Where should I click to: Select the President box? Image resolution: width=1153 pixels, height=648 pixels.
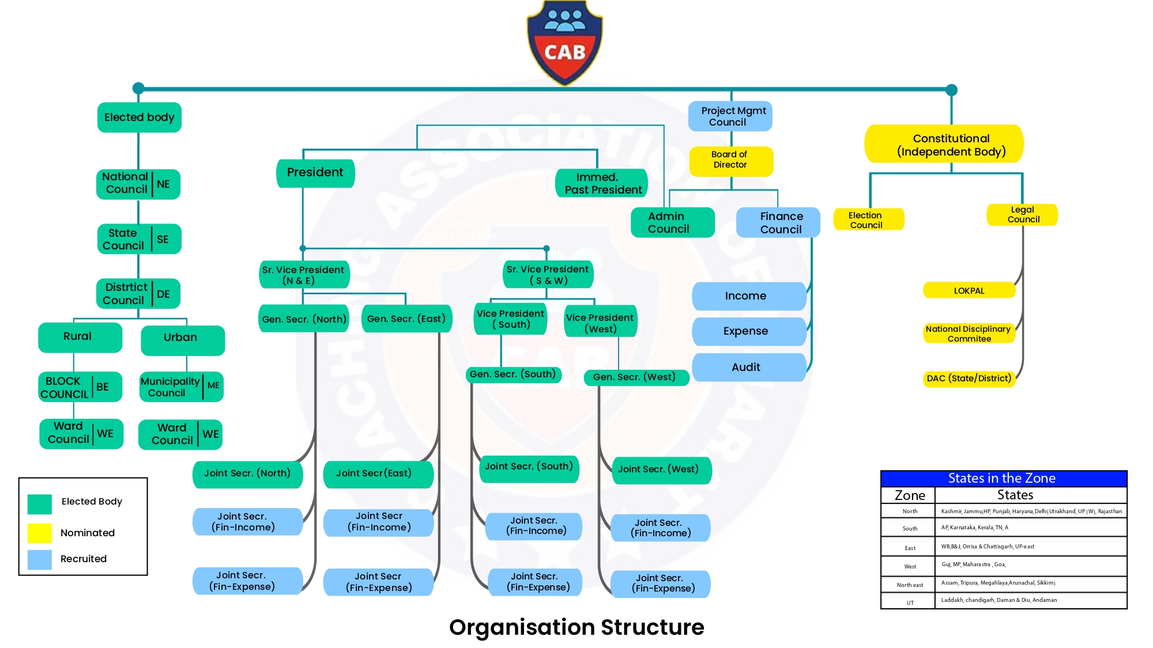315,173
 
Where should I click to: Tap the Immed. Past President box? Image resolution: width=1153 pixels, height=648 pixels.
602,184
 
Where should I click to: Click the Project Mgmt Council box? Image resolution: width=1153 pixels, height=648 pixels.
730,116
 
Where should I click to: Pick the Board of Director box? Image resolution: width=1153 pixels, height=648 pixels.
730,160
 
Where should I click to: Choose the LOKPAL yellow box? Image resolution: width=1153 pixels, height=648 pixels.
969,290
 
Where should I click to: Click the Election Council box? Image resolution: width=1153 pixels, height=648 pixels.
868,219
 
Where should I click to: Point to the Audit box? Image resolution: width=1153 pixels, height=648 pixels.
748,367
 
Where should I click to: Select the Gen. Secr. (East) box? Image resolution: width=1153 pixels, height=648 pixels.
406,319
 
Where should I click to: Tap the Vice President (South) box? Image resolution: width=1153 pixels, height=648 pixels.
510,319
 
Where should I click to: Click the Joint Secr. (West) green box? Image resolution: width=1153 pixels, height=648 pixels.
661,469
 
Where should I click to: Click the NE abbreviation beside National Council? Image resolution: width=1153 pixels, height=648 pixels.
164,184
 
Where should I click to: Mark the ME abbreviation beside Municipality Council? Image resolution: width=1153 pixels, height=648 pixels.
213,386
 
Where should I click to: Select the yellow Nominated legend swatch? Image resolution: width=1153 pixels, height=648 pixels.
40,533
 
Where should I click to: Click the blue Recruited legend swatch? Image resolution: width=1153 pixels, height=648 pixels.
40,559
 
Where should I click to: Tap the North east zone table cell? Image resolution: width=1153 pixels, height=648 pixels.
910,585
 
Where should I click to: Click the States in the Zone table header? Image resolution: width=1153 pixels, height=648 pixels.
1003,478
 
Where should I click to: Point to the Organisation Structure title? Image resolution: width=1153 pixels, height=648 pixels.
576,627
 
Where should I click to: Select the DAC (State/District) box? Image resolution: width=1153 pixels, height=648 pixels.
969,378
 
